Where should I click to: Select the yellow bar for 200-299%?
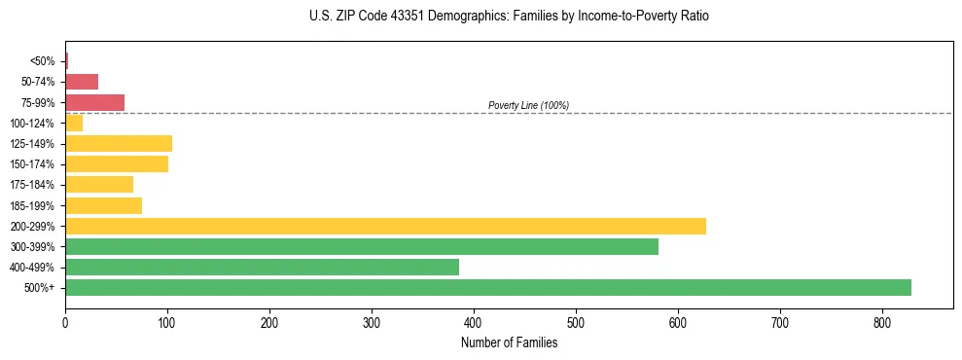click(x=385, y=226)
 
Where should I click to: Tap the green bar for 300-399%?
click(x=362, y=246)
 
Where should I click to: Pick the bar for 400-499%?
click(x=262, y=267)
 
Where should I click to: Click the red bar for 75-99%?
click(x=94, y=102)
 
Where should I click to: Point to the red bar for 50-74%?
click(x=82, y=82)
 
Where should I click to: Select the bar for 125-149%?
click(x=119, y=144)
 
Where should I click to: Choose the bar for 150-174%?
click(x=117, y=163)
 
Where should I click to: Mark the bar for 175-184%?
click(x=99, y=184)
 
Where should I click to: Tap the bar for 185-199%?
click(x=103, y=205)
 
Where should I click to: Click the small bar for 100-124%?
click(x=74, y=123)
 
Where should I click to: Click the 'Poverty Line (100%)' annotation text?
click(x=528, y=105)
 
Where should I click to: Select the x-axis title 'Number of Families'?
click(x=509, y=342)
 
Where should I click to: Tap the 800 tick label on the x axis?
click(x=882, y=322)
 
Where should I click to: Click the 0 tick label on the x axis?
click(x=65, y=322)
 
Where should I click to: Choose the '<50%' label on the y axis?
click(x=42, y=61)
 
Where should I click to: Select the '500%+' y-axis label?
click(x=40, y=288)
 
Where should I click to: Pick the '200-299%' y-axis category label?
click(x=32, y=226)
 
